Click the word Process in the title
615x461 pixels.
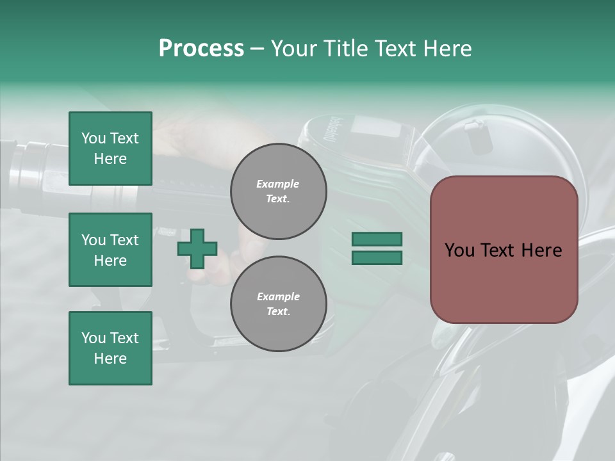(201, 48)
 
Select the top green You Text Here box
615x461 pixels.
(110, 149)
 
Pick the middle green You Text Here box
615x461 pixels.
(110, 250)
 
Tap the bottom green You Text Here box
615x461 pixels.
(110, 348)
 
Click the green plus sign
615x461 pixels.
(197, 248)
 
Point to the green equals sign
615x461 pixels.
(377, 248)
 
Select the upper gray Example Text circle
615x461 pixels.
(278, 191)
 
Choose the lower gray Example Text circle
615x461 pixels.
(278, 303)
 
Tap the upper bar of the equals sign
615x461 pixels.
(377, 239)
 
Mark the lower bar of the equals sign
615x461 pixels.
(377, 257)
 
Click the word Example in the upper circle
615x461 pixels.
(277, 184)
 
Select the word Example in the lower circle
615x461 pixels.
(278, 296)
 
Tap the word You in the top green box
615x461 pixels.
(94, 138)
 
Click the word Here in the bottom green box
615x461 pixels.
(110, 359)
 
